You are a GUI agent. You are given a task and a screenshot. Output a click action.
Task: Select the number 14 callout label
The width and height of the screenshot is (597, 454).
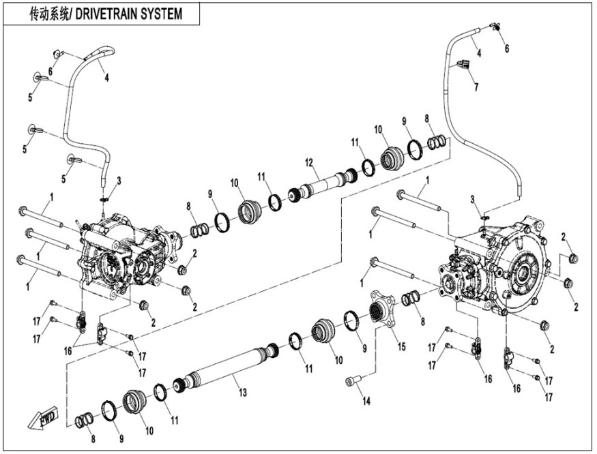pyautogui.click(x=366, y=402)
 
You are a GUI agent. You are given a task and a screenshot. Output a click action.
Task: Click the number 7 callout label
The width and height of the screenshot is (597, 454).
pyautogui.click(x=476, y=87)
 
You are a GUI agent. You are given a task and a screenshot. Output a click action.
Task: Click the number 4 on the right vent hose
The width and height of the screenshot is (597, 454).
pyautogui.click(x=479, y=53)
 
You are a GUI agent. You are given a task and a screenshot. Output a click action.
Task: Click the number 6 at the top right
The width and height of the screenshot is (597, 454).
pyautogui.click(x=507, y=49)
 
